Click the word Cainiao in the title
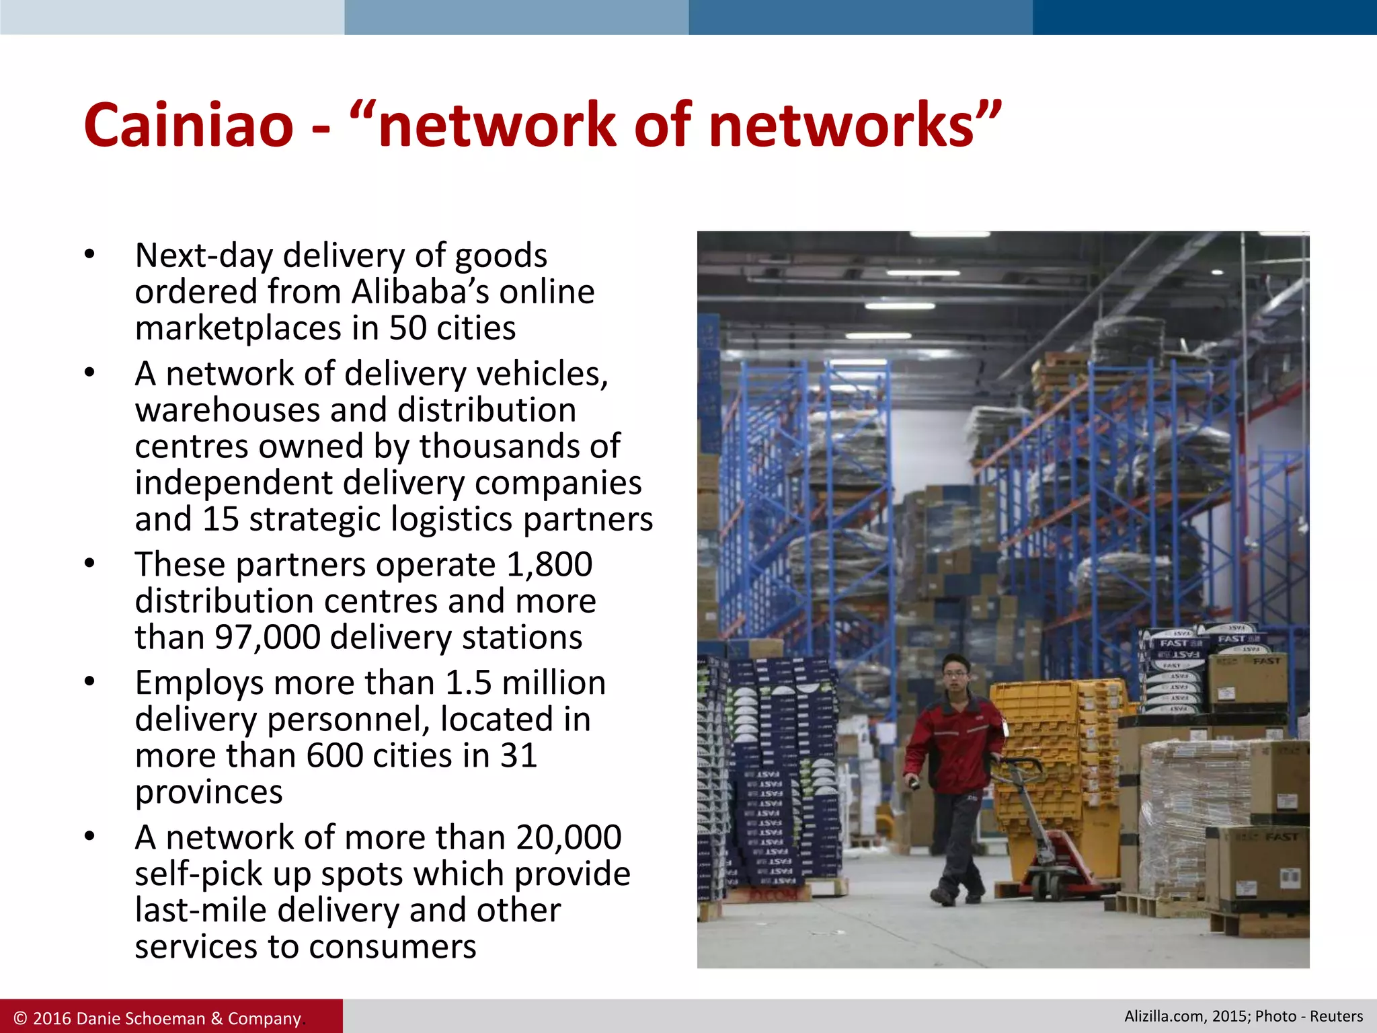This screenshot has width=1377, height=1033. click(x=189, y=125)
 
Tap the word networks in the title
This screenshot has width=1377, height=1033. click(x=841, y=125)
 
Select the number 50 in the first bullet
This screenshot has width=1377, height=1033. click(x=407, y=328)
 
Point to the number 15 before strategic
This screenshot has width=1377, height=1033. click(x=221, y=519)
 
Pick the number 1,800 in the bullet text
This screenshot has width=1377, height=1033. click(x=549, y=564)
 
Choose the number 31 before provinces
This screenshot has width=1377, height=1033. click(x=518, y=755)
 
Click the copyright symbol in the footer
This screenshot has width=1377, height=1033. click(x=21, y=1018)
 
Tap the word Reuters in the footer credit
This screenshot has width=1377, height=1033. click(x=1336, y=1016)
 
